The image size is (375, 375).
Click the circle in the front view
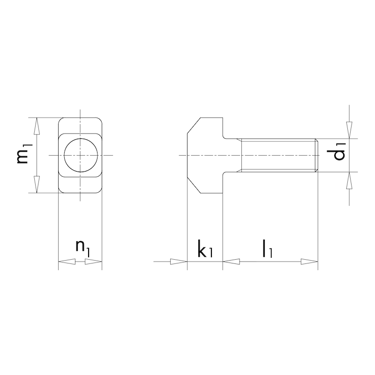coord(81,155)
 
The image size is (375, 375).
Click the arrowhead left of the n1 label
coord(66,262)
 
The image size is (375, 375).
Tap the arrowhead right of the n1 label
coord(94,262)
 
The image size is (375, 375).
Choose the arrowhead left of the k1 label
coord(179,262)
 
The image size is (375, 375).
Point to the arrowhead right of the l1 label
coord(309,262)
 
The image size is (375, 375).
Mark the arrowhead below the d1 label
coord(349,181)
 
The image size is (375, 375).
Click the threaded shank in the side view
coord(277,155)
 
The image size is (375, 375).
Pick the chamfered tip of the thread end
coord(317,155)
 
